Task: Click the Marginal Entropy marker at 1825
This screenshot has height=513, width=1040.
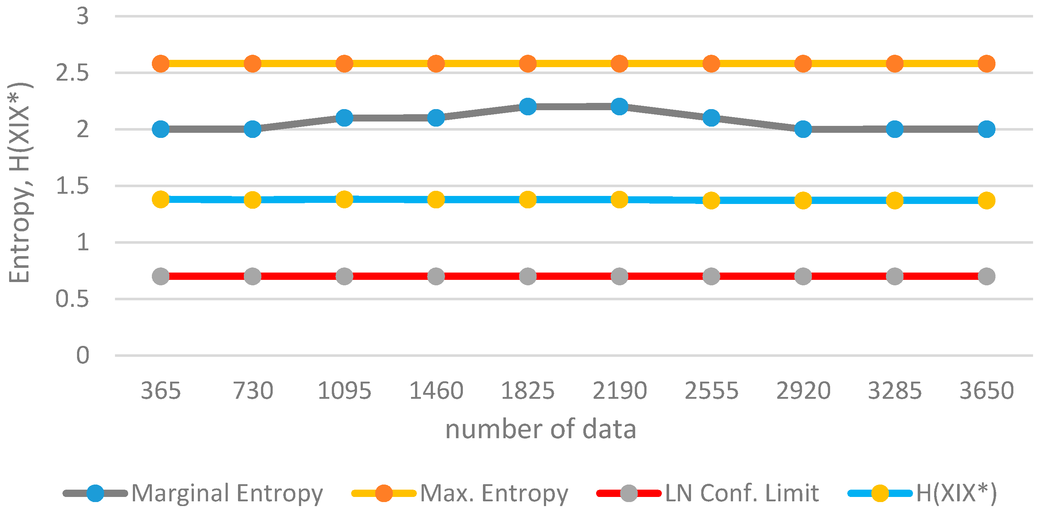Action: coord(528,107)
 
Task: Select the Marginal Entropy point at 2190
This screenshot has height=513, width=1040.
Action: coord(619,107)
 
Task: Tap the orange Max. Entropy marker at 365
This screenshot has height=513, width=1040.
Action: coord(161,63)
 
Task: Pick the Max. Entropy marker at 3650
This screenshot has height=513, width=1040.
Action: coord(986,63)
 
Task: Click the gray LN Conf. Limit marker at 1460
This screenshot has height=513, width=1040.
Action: coord(436,277)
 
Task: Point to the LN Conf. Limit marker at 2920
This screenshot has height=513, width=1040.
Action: coord(803,277)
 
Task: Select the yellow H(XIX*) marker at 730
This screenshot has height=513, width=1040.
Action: coord(252,200)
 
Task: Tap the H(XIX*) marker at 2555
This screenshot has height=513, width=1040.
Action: coord(711,200)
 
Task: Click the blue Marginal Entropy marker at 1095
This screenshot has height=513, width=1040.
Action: coord(344,118)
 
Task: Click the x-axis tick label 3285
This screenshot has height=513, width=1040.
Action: coord(895,391)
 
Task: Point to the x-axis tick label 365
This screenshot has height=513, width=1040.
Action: coord(161,391)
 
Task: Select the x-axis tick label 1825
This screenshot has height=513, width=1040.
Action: coord(528,391)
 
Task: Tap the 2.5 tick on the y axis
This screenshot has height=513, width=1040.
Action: coord(72,73)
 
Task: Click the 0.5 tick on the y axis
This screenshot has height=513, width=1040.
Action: coord(72,299)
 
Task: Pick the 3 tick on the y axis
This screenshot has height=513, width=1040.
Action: coord(82,16)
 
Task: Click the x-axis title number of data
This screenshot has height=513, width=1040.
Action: coord(541,429)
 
